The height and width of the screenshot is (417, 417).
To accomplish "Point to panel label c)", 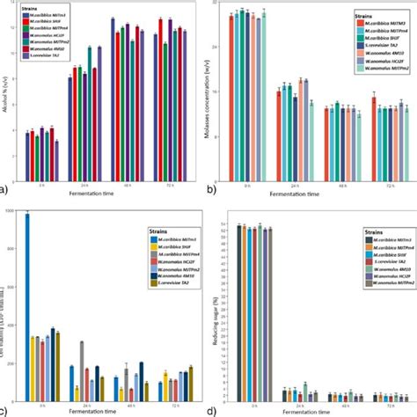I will tap(4, 410).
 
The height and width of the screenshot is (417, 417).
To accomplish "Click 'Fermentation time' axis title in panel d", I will tap(318, 411).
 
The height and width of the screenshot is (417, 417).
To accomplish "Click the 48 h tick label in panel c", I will tap(128, 401).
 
